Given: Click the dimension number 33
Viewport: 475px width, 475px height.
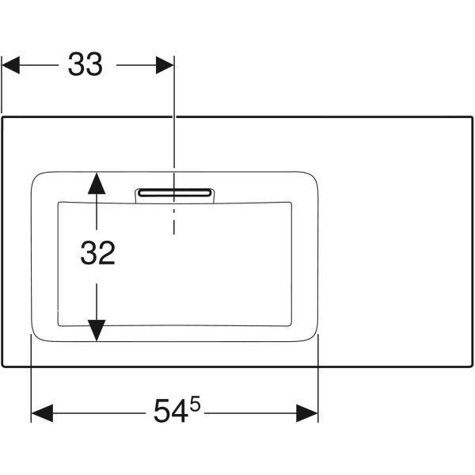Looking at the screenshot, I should (85, 65).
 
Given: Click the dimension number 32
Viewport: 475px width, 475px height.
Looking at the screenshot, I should (98, 253).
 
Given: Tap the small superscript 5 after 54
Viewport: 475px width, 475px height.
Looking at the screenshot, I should (195, 405).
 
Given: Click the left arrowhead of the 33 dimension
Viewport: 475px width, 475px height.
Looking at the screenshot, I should (12, 65).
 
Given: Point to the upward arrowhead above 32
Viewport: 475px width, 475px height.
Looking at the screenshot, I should (96, 184).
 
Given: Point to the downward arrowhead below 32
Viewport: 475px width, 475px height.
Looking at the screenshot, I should (96, 330).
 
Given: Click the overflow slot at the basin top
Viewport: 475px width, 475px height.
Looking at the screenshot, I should (174, 192).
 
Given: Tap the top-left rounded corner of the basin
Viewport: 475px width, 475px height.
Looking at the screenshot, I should (38, 177).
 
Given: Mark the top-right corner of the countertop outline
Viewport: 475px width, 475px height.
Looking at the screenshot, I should (472, 117).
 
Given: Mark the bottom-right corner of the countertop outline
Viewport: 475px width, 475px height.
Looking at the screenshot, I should (472, 367).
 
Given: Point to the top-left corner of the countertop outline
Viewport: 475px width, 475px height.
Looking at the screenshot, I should (2, 117).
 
